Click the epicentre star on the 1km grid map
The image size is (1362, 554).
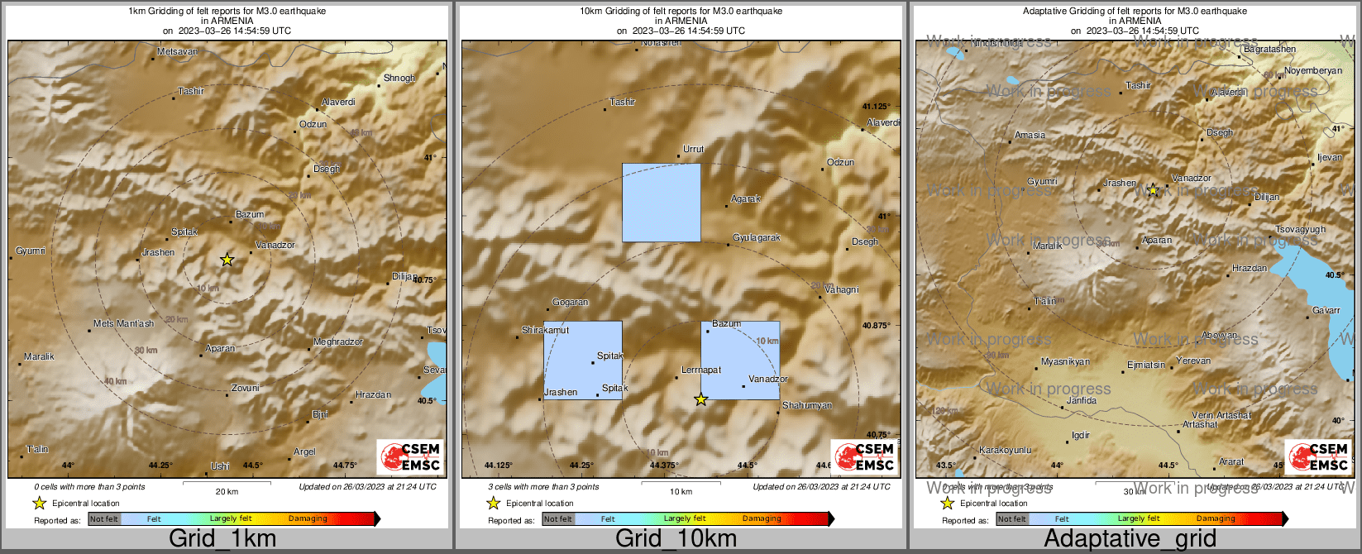(x=227, y=260)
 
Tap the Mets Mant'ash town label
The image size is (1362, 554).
(x=123, y=323)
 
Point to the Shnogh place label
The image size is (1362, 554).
(x=399, y=78)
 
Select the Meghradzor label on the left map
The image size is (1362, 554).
(x=337, y=341)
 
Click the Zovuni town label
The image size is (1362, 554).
(x=245, y=388)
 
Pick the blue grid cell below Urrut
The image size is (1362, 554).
(x=661, y=203)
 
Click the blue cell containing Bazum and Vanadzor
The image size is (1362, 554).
(x=740, y=360)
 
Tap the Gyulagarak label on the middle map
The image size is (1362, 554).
(x=757, y=237)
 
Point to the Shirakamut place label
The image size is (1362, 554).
(x=545, y=330)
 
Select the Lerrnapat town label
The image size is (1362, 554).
(x=700, y=370)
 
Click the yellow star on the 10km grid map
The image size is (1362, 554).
(x=700, y=399)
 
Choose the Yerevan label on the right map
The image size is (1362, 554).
(x=1193, y=361)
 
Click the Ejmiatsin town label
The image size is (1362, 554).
(x=1146, y=365)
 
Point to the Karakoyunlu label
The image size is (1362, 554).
(x=1005, y=450)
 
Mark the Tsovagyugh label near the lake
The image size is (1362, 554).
(x=1300, y=229)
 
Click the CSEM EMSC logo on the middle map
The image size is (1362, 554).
(x=863, y=456)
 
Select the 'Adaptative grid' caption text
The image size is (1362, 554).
(x=1130, y=539)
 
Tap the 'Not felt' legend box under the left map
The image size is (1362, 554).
(x=104, y=518)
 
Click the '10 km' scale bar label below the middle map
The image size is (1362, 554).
(x=681, y=491)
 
